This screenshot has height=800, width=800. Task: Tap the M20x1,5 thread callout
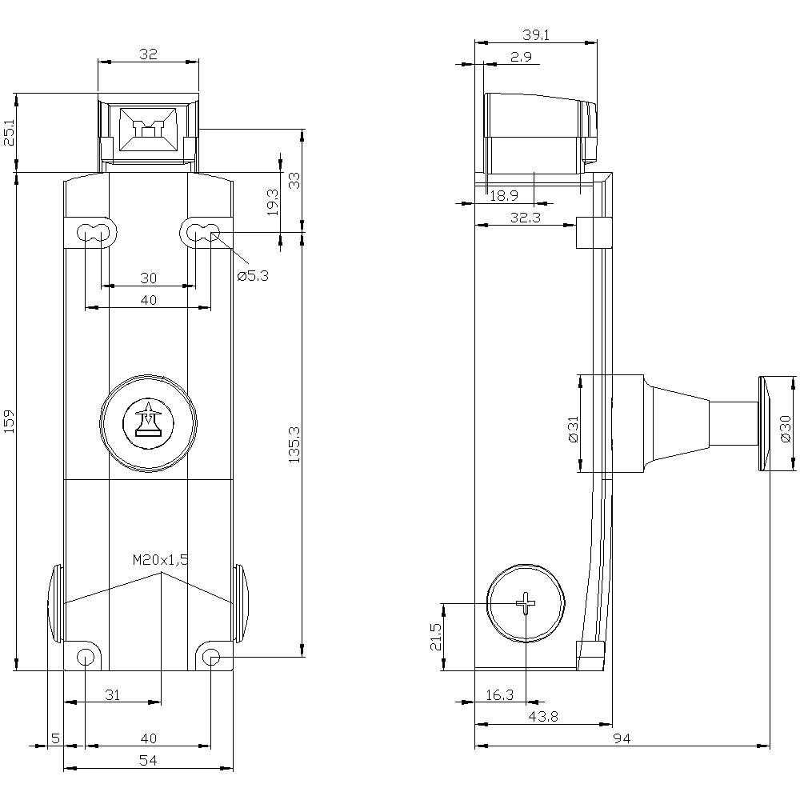point(161,560)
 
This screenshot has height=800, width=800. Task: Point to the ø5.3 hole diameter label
point(253,276)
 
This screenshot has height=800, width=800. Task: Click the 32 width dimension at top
point(148,54)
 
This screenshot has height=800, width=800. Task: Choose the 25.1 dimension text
point(9,133)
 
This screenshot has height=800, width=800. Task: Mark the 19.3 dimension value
point(272,202)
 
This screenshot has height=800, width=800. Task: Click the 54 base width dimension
point(148,761)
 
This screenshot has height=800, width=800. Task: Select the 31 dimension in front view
point(113,695)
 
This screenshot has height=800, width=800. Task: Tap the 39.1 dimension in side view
point(535,35)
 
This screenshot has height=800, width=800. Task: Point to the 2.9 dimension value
point(520,56)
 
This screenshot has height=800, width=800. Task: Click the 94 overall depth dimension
point(622,739)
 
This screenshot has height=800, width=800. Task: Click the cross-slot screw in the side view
point(526,602)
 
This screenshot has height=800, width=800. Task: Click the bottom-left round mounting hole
point(85,658)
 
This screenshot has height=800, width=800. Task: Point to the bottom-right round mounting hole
point(211,658)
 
